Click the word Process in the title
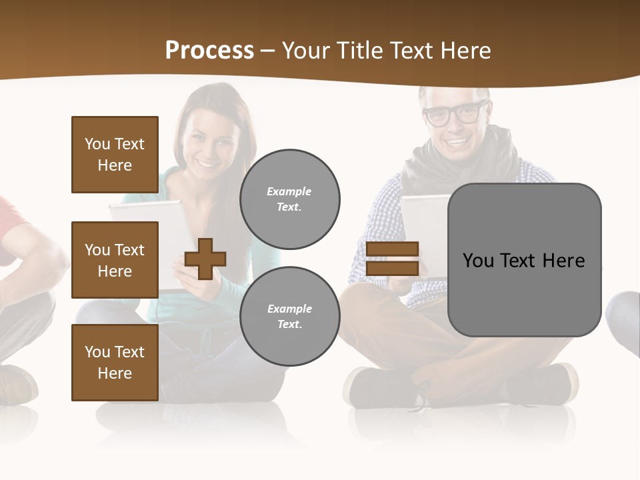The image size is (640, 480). [209, 51]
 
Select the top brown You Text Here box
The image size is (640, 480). [115, 155]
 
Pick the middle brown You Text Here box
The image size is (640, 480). [115, 260]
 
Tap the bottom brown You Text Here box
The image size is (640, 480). [115, 363]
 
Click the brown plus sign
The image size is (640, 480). [205, 259]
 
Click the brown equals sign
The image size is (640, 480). [392, 259]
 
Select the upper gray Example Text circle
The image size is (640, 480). [289, 199]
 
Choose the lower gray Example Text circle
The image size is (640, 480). [289, 316]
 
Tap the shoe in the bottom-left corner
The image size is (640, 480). [17, 383]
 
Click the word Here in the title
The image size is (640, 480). [462, 51]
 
